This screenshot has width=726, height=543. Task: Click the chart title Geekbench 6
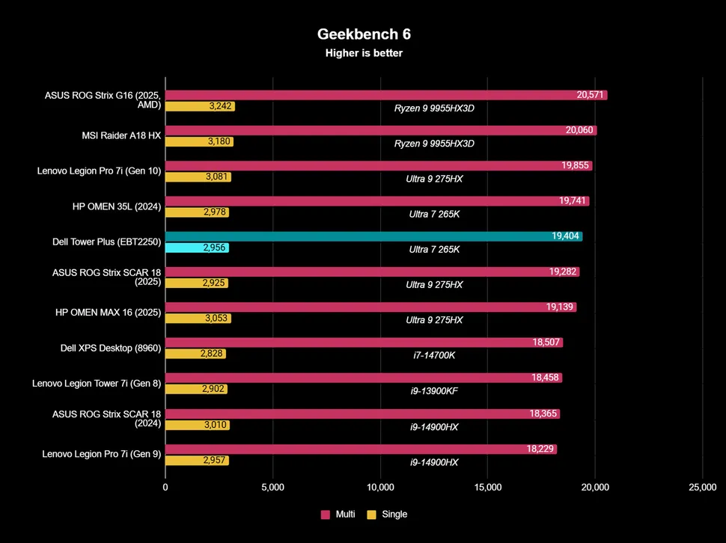point(364,34)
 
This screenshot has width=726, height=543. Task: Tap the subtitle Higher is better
point(364,53)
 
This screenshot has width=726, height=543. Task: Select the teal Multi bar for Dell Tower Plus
point(373,236)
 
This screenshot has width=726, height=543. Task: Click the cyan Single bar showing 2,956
point(197,248)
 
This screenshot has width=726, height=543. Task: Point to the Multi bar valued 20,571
point(385,95)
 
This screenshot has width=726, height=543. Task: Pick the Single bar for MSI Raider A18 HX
point(199,141)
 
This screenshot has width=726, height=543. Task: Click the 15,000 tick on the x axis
point(487,487)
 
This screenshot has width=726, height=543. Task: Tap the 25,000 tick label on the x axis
point(702,487)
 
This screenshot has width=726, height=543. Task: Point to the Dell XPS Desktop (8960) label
point(110,348)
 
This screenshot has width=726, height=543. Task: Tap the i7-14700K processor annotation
point(434,355)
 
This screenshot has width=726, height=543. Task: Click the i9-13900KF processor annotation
point(434,390)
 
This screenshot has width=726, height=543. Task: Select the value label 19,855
point(575,166)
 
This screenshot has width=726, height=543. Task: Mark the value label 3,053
point(216,319)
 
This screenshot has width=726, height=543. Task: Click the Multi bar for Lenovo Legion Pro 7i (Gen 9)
point(361,449)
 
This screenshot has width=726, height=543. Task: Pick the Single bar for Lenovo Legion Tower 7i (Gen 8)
point(196,389)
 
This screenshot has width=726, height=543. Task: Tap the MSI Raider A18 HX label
point(121,136)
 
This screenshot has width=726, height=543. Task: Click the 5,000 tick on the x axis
point(272,487)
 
